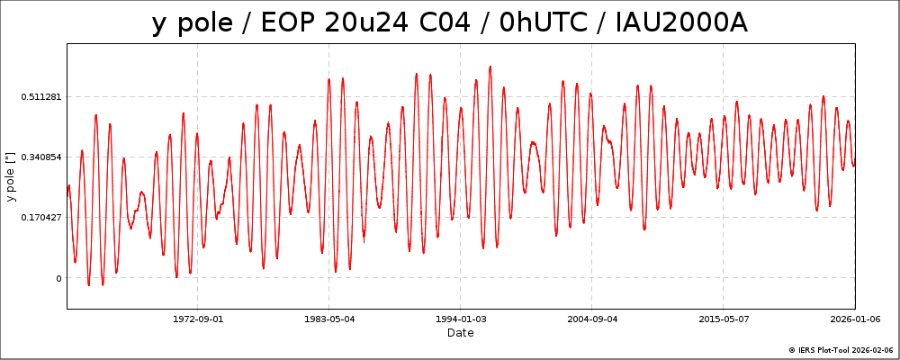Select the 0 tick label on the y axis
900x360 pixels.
[58, 278]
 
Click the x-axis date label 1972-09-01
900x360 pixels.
[198, 318]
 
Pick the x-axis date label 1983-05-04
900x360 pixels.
[329, 318]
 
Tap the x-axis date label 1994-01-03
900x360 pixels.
[461, 318]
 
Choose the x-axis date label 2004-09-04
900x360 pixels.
[592, 318]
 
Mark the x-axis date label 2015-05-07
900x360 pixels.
[724, 318]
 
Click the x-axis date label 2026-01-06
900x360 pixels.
[855, 318]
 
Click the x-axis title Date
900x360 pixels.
[461, 333]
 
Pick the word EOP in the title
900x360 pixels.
[287, 23]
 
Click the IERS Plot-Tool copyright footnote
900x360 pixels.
[841, 350]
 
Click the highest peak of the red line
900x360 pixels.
[490, 66]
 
